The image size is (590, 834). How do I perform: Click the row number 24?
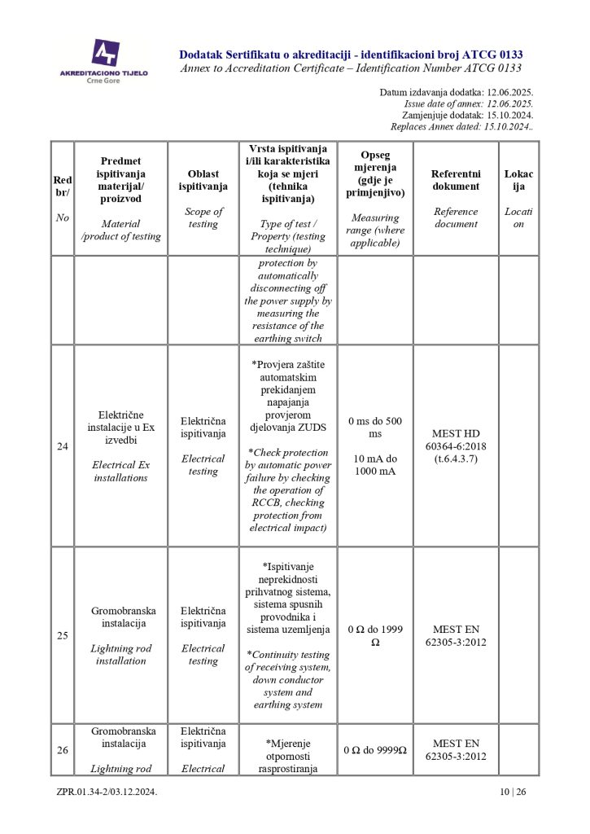tap(63, 446)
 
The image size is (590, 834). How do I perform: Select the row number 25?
tap(63, 635)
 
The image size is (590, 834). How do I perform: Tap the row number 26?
tap(63, 750)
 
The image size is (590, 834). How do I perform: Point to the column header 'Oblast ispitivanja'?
tap(203, 180)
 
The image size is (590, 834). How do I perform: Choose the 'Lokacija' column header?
tap(518, 180)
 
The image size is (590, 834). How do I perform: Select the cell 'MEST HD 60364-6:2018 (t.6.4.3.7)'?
tap(456, 446)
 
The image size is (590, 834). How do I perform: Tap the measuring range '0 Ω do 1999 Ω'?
tap(374, 635)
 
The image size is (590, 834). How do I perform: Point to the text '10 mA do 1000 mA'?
tap(374, 465)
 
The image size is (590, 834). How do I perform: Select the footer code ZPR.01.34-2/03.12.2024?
tap(107, 792)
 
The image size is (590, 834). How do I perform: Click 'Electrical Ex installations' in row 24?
tap(121, 472)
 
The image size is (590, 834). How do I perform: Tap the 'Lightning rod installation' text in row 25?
tap(121, 655)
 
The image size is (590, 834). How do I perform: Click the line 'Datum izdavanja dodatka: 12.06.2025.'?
tap(456, 93)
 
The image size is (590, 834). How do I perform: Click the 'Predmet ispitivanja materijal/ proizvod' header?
tap(121, 180)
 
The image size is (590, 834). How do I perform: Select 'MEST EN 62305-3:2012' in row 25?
tap(456, 635)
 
